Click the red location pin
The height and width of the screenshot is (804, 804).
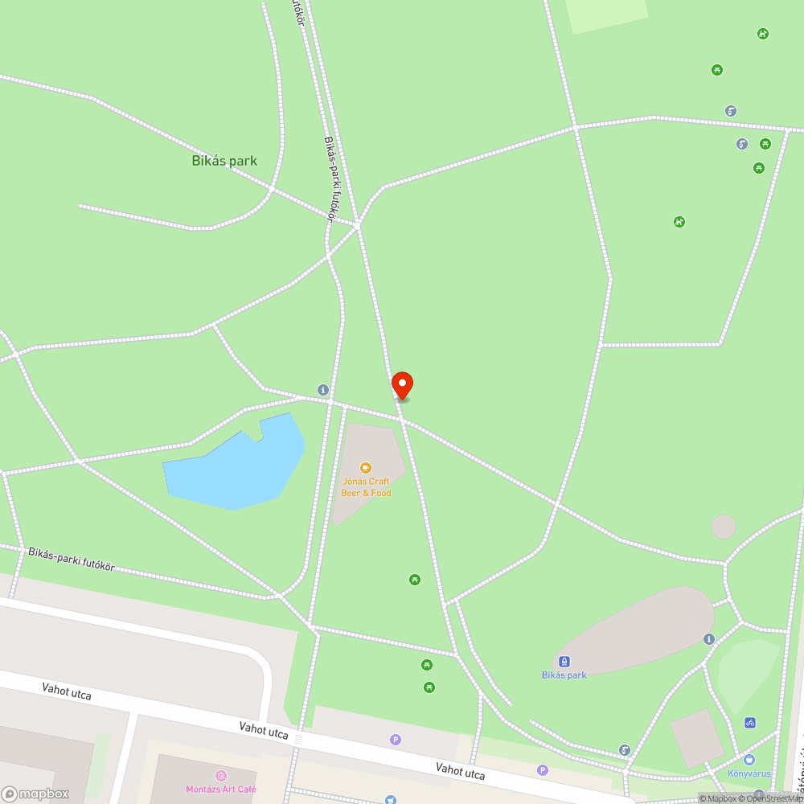(x=401, y=385)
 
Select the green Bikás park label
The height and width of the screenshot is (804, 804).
(x=224, y=161)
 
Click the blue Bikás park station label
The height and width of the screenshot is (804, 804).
(x=564, y=675)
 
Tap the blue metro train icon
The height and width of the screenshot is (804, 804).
(x=564, y=662)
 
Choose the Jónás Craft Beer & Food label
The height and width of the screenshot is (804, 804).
(x=366, y=487)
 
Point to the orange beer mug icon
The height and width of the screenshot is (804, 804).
(x=366, y=467)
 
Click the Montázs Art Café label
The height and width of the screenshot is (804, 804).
(x=221, y=790)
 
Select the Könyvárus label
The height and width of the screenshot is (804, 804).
(x=749, y=774)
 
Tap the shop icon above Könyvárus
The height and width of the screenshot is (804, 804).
(x=749, y=760)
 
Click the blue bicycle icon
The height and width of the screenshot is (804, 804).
(x=750, y=723)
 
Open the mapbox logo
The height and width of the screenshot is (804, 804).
(x=35, y=794)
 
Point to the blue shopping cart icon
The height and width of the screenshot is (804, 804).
(x=390, y=800)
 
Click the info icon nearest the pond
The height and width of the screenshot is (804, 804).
(x=323, y=390)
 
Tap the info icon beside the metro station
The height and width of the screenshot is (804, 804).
(x=708, y=639)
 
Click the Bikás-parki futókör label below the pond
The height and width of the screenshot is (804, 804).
(x=72, y=559)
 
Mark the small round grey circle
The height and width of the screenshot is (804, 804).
(x=724, y=527)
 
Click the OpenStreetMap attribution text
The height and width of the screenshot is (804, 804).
(x=772, y=798)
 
